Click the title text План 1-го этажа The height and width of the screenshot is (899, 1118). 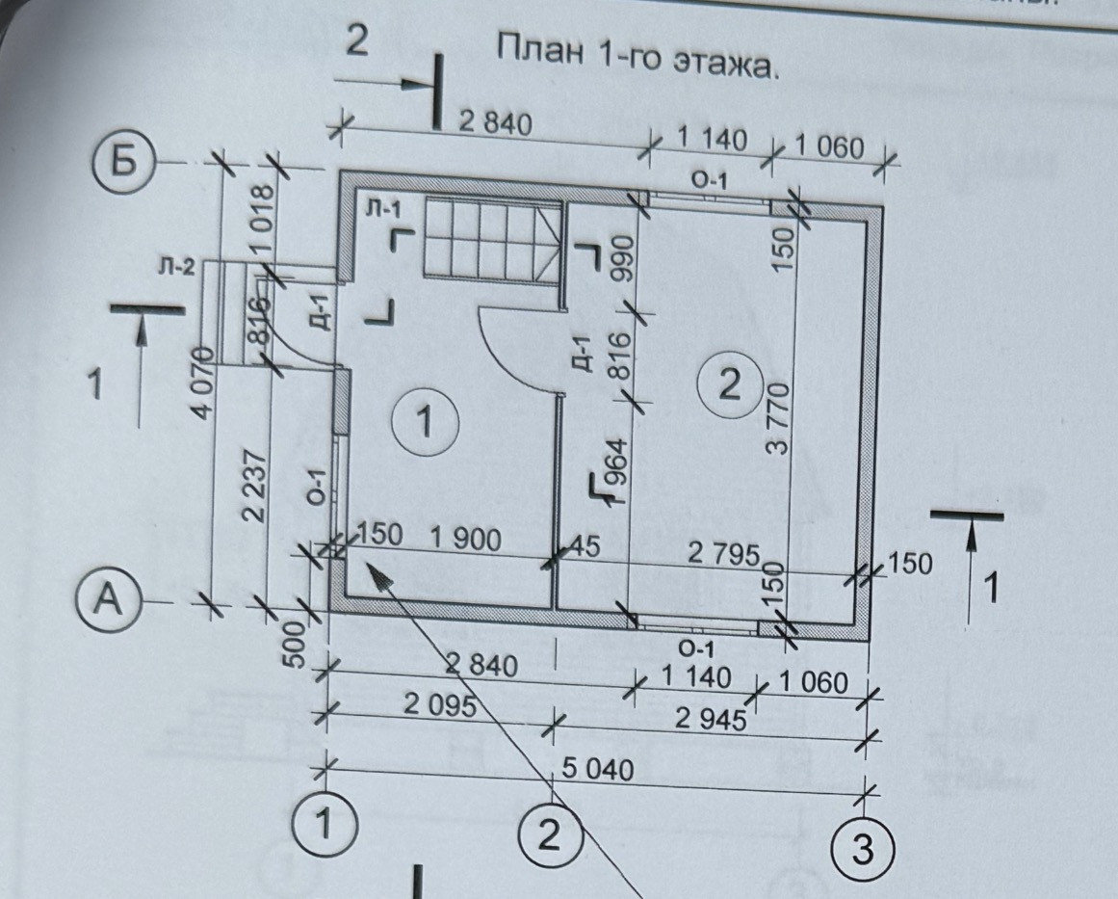tap(636, 61)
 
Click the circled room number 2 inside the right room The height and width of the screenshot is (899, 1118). tap(729, 386)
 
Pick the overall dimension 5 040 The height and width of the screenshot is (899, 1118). tap(597, 770)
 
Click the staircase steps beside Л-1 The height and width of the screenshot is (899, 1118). tap(486, 241)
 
